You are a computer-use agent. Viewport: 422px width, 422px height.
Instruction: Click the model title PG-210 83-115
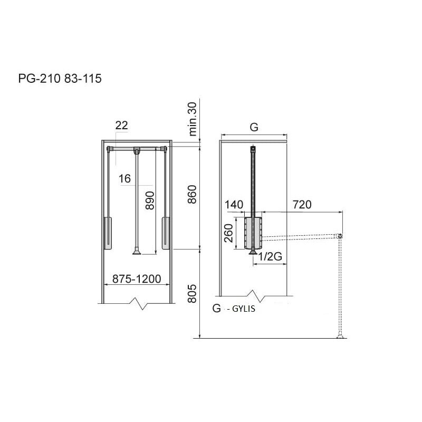pos(60,79)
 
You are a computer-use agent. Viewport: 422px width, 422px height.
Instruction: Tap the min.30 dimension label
pos(193,119)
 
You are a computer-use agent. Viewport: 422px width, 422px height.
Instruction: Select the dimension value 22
pos(121,126)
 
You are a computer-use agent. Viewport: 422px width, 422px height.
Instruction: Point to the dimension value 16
pos(124,178)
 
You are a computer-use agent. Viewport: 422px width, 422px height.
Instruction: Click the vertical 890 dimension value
pos(150,200)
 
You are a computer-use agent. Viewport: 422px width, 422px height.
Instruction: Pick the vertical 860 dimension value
pos(192,194)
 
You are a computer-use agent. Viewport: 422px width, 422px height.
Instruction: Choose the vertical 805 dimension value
pos(192,294)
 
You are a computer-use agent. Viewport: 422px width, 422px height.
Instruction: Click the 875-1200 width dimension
pos(137,279)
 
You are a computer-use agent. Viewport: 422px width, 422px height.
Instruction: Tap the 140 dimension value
pos(234,205)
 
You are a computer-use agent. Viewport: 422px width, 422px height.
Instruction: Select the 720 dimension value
pos(302,205)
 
